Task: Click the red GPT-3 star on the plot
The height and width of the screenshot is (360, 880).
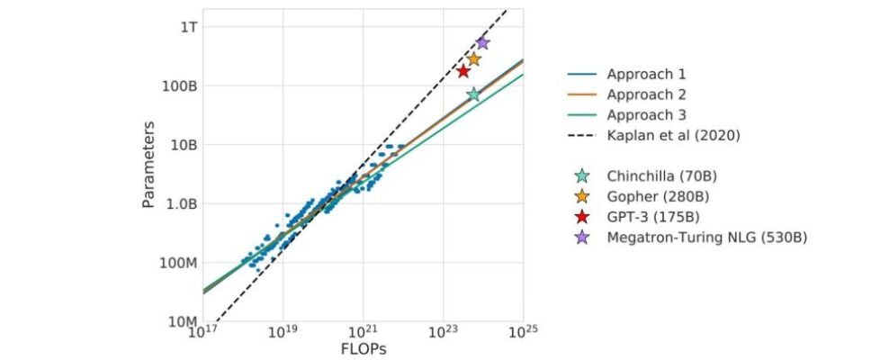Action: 463,71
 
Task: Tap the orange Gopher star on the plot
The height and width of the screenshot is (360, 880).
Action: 474,59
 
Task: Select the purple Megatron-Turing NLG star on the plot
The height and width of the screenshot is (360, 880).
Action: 482,42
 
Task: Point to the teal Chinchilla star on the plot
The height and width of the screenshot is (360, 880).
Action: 473,94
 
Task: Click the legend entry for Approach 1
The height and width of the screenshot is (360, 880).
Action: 646,74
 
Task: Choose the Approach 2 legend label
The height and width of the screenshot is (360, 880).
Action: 646,94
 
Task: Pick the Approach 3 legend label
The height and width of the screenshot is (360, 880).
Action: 646,115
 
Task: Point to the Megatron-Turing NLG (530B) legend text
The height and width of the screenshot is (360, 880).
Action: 705,238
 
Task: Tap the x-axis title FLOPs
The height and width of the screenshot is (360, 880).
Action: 364,347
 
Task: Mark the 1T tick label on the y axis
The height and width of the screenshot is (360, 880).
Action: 184,27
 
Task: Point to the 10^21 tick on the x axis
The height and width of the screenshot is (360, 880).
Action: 363,333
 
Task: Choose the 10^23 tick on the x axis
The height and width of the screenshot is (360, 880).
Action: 443,333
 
